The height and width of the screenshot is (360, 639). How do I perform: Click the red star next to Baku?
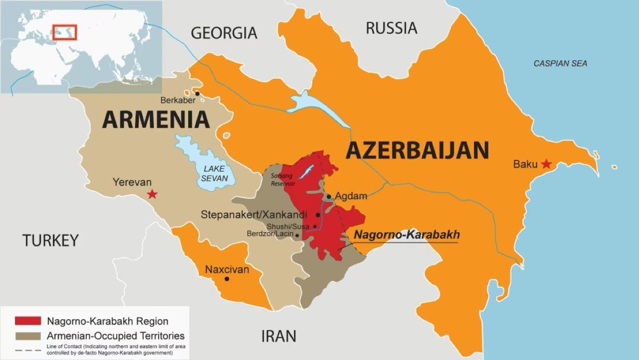click(546, 164)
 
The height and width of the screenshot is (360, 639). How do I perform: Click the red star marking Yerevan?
click(152, 194)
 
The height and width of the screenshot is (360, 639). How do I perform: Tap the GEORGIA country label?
click(224, 33)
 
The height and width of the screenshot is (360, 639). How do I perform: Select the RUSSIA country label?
click(391, 28)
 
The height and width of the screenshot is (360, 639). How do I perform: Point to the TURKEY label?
click(51, 240)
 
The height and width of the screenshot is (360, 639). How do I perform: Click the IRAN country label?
click(279, 336)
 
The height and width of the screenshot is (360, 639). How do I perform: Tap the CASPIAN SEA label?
click(560, 63)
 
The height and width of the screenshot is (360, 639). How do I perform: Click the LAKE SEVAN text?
click(214, 173)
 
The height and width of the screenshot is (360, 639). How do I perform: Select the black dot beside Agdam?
click(329, 196)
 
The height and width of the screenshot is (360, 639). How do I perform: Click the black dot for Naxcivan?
click(227, 279)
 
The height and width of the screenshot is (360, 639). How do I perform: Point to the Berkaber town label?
click(178, 100)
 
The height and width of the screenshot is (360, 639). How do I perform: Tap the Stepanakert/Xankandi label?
click(254, 214)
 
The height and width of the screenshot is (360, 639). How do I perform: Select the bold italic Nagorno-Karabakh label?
click(407, 235)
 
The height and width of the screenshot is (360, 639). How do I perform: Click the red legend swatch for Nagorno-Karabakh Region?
click(28, 321)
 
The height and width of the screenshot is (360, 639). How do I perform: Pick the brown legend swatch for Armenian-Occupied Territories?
click(28, 336)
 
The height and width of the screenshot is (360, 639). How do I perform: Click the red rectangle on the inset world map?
click(64, 32)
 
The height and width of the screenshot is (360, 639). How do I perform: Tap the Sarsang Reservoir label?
click(282, 179)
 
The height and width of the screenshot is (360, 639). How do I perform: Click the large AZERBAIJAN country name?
click(417, 150)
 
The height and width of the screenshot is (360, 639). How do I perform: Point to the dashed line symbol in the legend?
click(28, 350)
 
